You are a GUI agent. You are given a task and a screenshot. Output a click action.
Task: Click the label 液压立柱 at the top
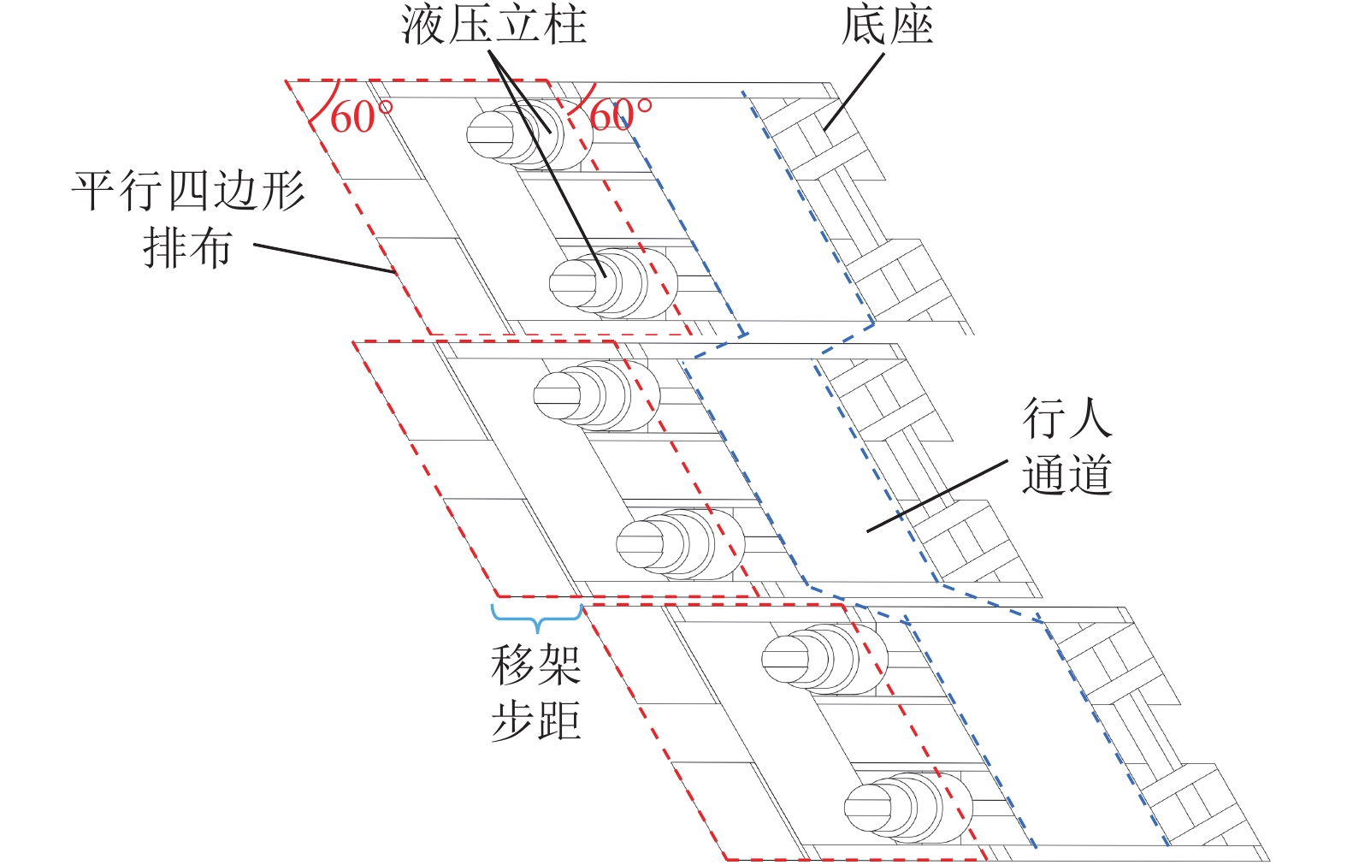[493, 25]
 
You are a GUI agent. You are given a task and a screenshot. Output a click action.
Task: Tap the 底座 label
[887, 25]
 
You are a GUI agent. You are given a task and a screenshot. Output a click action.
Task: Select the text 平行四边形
[188, 190]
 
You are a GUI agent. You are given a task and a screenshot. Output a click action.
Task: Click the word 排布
[187, 248]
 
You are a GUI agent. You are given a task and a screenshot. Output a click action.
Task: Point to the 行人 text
[1066, 418]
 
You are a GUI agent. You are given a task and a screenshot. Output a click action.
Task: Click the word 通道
[1066, 475]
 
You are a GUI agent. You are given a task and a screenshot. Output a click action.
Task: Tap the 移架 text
[536, 665]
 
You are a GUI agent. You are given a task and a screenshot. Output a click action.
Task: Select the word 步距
[536, 720]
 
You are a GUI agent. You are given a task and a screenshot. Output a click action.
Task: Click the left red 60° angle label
[359, 116]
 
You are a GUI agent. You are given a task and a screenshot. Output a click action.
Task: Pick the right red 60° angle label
[619, 115]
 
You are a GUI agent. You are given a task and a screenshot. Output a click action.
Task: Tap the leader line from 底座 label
[854, 92]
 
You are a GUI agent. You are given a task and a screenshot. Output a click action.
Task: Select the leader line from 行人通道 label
[936, 496]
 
